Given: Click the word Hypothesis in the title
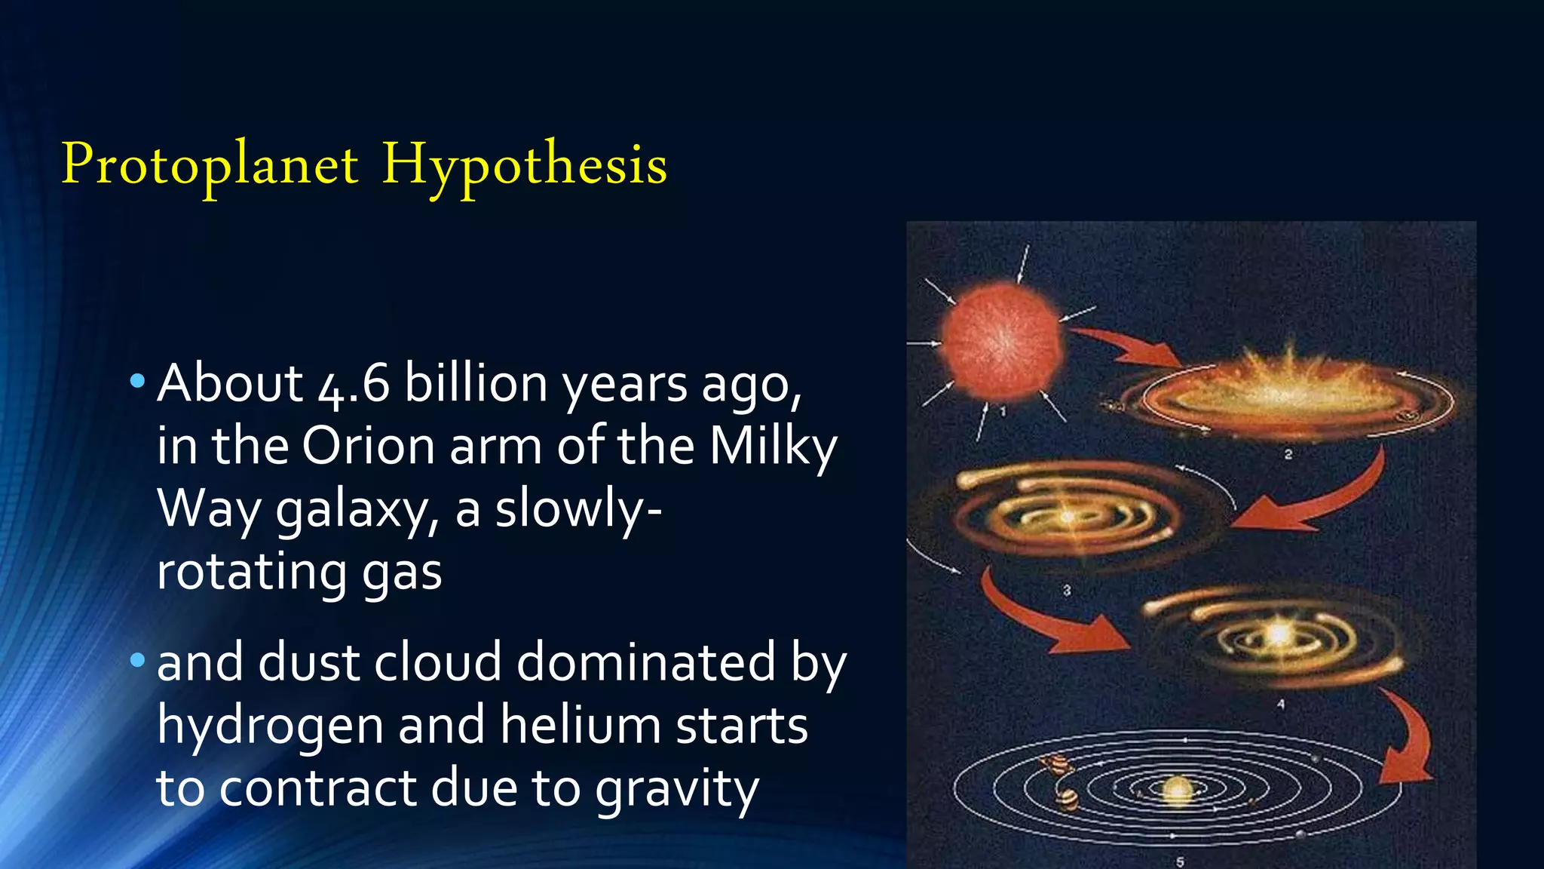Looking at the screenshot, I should pos(524,164).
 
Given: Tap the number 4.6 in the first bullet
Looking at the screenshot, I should pos(354,384).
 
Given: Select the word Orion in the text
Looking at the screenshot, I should pos(369,446).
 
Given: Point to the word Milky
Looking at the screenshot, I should pos(773,446).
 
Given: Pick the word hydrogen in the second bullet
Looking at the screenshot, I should pos(269,725).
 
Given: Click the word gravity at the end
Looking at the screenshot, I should pos(676,788).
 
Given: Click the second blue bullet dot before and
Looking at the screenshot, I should pos(136,661).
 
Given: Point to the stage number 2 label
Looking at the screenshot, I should pos(1288,454).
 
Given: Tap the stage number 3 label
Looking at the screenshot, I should pos(1067,590).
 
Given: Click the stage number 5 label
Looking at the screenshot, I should pos(1180,861).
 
